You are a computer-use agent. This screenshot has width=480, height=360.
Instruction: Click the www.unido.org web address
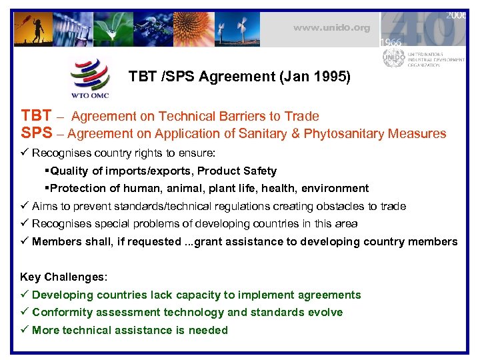[x=331, y=28]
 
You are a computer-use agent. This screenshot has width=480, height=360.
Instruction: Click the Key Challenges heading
[x=64, y=277]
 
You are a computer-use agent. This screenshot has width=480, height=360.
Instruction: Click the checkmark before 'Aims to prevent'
[x=25, y=206]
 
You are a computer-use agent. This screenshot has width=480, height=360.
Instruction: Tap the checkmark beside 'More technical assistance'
[x=25, y=330]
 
